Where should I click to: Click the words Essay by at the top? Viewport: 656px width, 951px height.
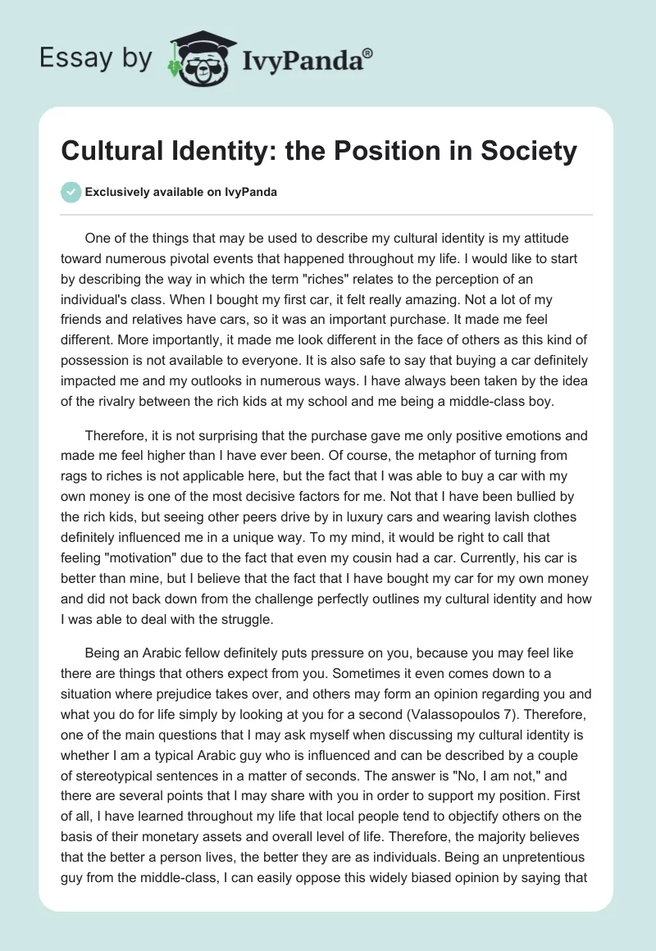(96, 59)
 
